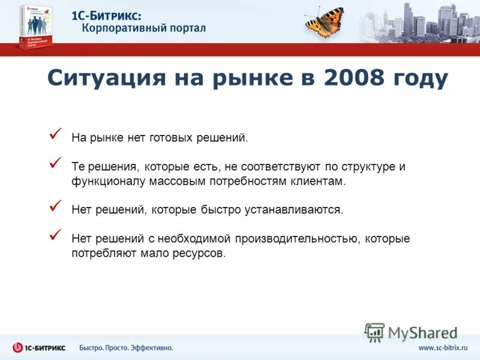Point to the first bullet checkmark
click(55, 134)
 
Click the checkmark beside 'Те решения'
click(55, 163)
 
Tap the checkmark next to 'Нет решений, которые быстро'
click(55, 206)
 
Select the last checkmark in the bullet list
click(55, 235)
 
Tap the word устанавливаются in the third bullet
click(294, 210)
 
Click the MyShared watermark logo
click(411, 332)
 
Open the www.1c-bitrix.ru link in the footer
click(442, 348)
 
